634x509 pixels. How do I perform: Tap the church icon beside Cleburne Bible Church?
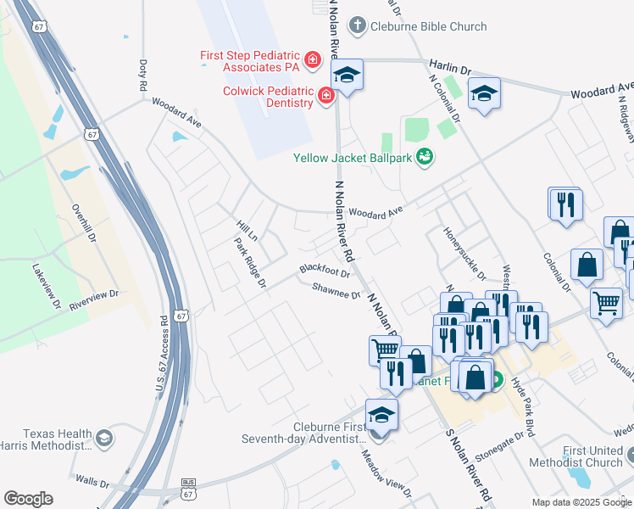(x=358, y=25)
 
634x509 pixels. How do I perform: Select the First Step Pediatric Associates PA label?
(x=249, y=62)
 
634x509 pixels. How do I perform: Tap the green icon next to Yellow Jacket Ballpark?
(x=425, y=157)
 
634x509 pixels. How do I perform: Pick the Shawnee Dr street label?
(x=336, y=291)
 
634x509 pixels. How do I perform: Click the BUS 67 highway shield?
(x=188, y=489)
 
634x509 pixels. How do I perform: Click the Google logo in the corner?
(x=28, y=499)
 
